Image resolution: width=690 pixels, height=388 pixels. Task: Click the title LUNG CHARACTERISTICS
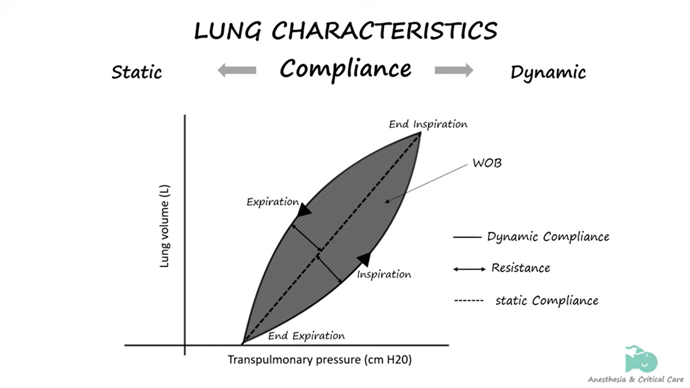tap(345, 31)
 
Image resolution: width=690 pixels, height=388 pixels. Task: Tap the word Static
tap(137, 72)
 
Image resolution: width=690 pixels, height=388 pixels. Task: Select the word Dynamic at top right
tap(548, 73)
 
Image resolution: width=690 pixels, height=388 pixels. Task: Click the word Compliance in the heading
tap(345, 69)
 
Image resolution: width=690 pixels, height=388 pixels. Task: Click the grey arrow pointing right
tap(454, 70)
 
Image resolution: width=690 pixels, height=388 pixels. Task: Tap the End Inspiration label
tap(428, 124)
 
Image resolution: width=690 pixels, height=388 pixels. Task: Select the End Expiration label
tap(306, 336)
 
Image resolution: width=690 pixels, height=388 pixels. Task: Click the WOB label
tap(487, 163)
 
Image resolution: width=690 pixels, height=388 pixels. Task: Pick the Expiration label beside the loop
tap(272, 202)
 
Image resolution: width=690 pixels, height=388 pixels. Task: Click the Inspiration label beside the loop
tap(384, 274)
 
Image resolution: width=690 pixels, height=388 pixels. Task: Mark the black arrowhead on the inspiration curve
tap(364, 258)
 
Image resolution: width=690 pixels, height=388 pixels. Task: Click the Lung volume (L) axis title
tap(164, 226)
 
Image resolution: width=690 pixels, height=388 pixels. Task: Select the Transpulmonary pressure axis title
tap(319, 360)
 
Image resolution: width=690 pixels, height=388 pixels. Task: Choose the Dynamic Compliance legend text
tap(548, 237)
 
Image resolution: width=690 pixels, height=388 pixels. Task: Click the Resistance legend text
tap(521, 268)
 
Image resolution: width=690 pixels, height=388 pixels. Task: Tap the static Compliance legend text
tap(547, 301)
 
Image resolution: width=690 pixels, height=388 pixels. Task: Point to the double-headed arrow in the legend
tap(469, 269)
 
